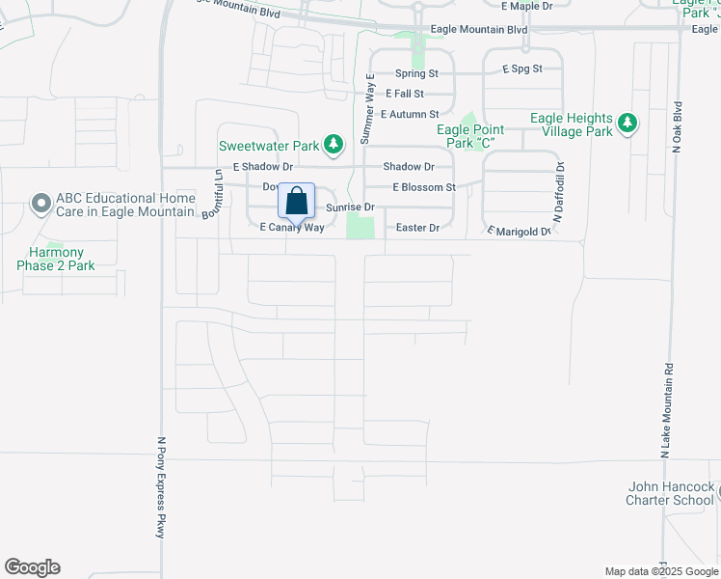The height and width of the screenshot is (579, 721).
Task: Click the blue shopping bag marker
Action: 297,203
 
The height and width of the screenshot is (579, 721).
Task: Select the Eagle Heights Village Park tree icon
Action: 628,123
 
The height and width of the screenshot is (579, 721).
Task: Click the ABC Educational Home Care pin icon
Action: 40,204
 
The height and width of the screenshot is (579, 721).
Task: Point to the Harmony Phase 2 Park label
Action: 56,259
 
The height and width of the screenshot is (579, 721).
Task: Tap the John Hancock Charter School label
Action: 670,493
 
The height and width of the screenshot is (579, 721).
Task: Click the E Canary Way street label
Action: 292,227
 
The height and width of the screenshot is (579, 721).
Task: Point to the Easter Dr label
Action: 418,228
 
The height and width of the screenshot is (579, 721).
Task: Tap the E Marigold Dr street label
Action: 519,231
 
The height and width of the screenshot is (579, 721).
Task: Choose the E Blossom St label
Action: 423,187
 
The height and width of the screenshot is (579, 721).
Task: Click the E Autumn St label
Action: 410,114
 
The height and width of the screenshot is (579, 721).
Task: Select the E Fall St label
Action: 405,94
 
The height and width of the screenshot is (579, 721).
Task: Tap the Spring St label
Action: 417,73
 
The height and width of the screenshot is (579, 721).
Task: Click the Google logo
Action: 32,567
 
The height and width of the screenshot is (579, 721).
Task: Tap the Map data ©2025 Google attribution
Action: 660,571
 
